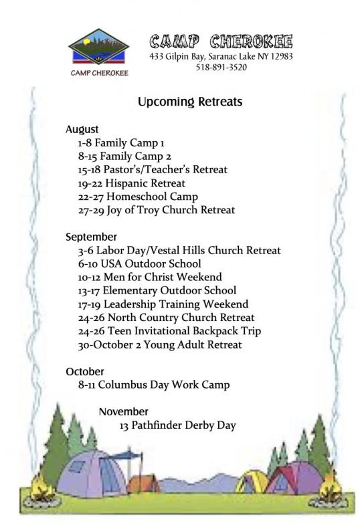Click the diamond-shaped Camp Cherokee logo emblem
tap(99, 46)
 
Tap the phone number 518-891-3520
tap(221, 68)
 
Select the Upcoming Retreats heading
tap(190, 102)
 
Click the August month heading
tap(82, 130)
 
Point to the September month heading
tap(91, 237)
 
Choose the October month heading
tap(85, 371)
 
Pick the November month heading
tap(123, 411)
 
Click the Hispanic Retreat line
tap(131, 183)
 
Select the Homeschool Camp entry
tap(138, 197)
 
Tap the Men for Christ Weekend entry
tap(150, 277)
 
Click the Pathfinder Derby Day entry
tap(177, 425)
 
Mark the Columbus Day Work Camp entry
tap(154, 385)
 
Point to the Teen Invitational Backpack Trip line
tap(169, 331)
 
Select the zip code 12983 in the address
tap(281, 56)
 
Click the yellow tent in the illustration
tap(252, 482)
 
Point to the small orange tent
tap(143, 484)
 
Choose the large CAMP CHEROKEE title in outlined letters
tap(221, 41)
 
